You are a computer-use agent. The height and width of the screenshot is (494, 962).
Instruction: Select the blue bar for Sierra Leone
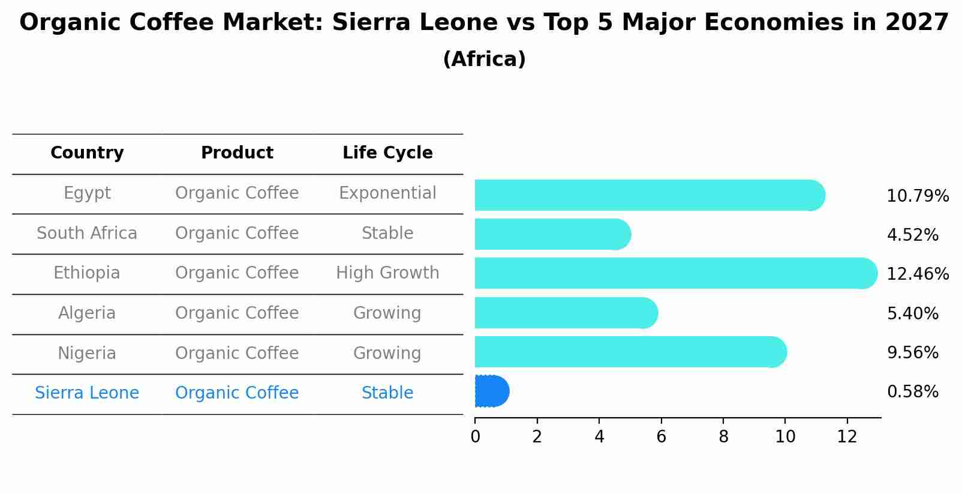tap(491, 391)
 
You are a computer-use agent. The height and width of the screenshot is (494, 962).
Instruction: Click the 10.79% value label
tap(917, 196)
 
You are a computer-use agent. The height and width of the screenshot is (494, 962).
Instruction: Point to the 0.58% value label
tap(912, 392)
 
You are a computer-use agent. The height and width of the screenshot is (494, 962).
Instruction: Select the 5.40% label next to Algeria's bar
tap(912, 313)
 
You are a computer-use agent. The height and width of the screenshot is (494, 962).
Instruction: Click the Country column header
tap(87, 153)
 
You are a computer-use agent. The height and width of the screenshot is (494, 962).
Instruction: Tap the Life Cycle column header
tap(387, 153)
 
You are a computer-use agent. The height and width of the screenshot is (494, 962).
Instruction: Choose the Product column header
tap(237, 153)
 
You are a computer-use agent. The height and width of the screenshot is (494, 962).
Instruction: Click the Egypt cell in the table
tap(87, 193)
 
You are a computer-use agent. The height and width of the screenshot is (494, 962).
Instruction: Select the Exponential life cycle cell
tap(387, 193)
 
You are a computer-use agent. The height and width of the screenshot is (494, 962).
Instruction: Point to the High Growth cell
tap(387, 273)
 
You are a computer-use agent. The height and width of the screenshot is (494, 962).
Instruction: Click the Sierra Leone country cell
tap(87, 393)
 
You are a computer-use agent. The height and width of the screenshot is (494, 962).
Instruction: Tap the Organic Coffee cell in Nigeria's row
tap(237, 353)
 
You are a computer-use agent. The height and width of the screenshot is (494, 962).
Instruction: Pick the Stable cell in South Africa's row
tap(387, 233)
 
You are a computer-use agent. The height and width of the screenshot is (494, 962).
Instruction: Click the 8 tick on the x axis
tap(723, 436)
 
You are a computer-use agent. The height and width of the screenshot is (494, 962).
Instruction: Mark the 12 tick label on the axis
tap(847, 436)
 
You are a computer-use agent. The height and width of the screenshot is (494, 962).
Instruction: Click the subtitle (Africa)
tap(484, 59)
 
